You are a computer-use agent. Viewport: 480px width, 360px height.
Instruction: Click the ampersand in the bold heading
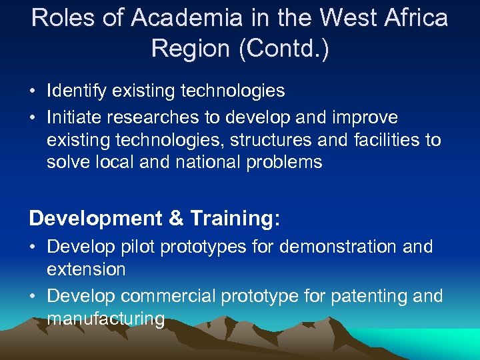pyautogui.click(x=176, y=218)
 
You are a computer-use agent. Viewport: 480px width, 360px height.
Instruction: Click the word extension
pyautogui.click(x=86, y=269)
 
